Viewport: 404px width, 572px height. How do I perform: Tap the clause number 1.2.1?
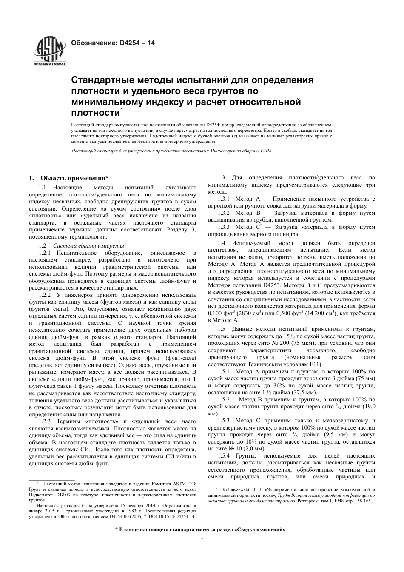click(x=45, y=253)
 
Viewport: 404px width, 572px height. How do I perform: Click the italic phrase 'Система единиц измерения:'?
click(x=89, y=246)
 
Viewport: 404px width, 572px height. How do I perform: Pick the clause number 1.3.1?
click(x=224, y=199)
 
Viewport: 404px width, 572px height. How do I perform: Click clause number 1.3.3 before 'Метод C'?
click(x=224, y=227)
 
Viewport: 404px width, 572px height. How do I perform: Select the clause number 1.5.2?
click(x=224, y=400)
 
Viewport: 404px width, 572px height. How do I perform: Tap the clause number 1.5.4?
click(x=224, y=456)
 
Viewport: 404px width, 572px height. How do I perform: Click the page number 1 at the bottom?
click(x=202, y=538)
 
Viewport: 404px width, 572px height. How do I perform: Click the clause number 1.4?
click(x=221, y=243)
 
